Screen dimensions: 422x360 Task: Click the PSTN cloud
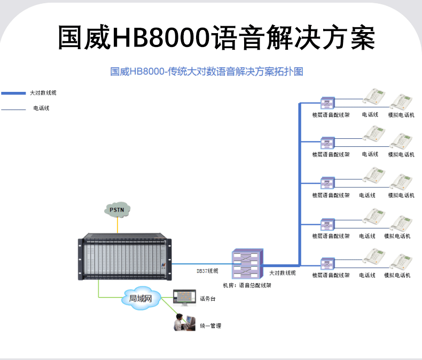[117, 209]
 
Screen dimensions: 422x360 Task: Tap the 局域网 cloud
[140, 298]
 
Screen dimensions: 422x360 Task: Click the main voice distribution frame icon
[247, 264]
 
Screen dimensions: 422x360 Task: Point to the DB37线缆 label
[207, 271]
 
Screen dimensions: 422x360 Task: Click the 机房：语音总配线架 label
[247, 285]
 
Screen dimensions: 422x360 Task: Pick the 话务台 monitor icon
[184, 298]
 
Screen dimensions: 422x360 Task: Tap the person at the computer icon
[184, 322]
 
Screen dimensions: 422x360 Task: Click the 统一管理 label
[210, 326]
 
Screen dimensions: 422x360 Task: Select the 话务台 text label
[207, 299]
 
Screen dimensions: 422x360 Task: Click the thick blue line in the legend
[13, 93]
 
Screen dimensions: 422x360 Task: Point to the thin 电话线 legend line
[13, 109]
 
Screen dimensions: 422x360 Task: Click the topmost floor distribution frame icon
[327, 103]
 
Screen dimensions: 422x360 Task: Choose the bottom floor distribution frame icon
[327, 264]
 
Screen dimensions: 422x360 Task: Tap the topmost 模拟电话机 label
[401, 115]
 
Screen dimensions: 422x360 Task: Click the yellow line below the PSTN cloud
[118, 225]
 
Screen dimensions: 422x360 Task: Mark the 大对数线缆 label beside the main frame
[283, 273]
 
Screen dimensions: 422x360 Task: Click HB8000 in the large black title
[161, 37]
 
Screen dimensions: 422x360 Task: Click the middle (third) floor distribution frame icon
[327, 183]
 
